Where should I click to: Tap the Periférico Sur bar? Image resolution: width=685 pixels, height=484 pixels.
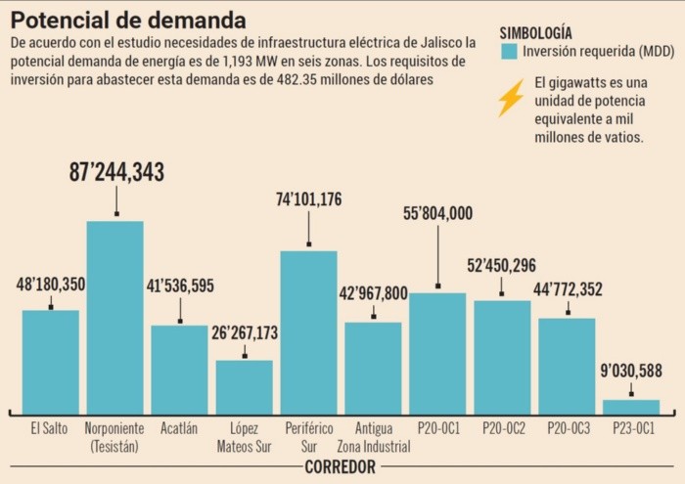[x=309, y=332]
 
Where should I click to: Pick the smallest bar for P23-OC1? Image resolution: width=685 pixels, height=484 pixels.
[x=631, y=406]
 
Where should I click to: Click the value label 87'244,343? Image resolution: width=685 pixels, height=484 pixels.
[x=116, y=172]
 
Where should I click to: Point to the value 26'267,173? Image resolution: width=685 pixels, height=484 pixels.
[x=245, y=333]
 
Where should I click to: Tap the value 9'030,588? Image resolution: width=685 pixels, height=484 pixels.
[x=631, y=371]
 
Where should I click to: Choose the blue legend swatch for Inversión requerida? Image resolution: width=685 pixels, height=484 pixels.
[x=508, y=51]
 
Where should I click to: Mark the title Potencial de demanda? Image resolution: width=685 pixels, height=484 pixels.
[x=128, y=20]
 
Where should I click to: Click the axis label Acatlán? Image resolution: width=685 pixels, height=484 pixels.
[x=179, y=427]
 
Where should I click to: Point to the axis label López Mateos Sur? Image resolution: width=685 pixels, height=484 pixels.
[x=245, y=436]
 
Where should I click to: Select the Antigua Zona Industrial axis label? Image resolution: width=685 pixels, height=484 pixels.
[x=373, y=436]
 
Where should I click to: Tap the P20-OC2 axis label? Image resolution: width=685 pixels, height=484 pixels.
[x=502, y=427]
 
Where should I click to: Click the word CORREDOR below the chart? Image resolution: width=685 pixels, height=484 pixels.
[x=340, y=467]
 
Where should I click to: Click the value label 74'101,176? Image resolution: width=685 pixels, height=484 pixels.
[x=309, y=200]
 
